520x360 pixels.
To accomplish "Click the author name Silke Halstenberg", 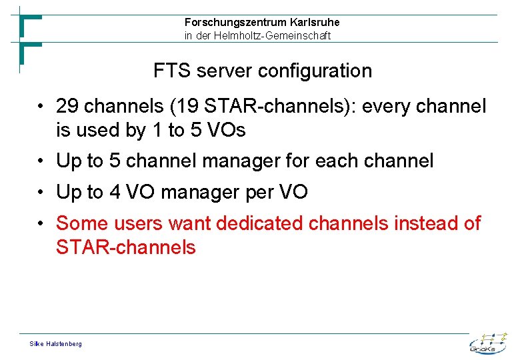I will click(x=56, y=343).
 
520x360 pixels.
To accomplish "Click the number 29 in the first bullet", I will click(x=67, y=106).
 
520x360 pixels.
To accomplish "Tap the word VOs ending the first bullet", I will click(x=226, y=130).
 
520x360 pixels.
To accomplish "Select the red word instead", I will click(x=425, y=223).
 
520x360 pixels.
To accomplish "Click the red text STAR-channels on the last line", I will click(x=126, y=247).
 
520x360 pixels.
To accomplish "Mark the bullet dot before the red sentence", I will click(x=41, y=223).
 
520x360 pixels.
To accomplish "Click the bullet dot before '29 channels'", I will click(x=41, y=107).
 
